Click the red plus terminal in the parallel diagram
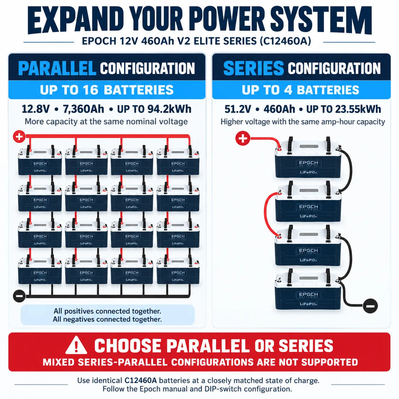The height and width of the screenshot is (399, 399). pyautogui.click(x=19, y=137)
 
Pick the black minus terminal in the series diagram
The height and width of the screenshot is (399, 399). pyautogui.click(x=370, y=306)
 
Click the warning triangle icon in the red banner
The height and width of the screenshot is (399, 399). pyautogui.click(x=76, y=345)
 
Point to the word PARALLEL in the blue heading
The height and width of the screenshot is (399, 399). pyautogui.click(x=57, y=68)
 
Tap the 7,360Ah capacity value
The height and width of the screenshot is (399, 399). pyautogui.click(x=83, y=109)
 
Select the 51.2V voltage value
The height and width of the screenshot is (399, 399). pyautogui.click(x=238, y=109)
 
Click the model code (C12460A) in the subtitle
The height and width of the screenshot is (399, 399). pyautogui.click(x=285, y=41)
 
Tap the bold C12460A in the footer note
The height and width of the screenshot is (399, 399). pyautogui.click(x=141, y=381)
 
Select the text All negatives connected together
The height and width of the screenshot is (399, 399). pyautogui.click(x=107, y=319)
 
